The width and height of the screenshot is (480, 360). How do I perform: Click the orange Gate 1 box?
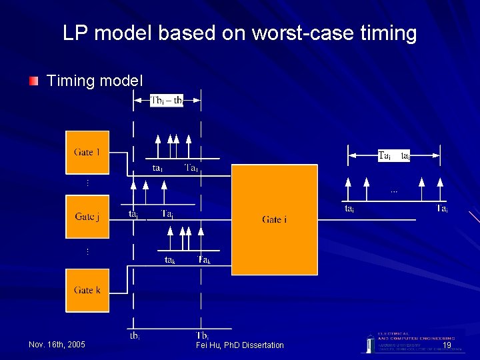[x=87, y=152]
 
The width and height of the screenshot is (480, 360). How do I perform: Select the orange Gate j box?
[x=87, y=217]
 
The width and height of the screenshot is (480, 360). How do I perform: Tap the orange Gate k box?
[x=87, y=290]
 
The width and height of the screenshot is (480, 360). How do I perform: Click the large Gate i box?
[x=274, y=219]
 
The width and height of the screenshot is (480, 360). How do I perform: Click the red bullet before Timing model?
[x=33, y=81]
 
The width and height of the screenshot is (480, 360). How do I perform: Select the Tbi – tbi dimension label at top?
[x=167, y=101]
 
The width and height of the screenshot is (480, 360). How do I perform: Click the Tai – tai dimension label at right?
[x=393, y=155]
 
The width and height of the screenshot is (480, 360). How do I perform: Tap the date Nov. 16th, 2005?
[x=57, y=345]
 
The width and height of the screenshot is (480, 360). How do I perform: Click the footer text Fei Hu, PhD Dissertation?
[x=239, y=345]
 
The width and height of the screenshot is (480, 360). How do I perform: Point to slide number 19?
[x=447, y=345]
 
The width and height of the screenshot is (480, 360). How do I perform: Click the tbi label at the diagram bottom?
[x=135, y=335]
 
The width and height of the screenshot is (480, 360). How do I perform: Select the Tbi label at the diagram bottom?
[x=203, y=335]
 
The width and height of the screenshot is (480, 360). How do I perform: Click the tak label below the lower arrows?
[x=170, y=260]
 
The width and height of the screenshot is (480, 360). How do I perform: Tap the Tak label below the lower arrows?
[x=204, y=260]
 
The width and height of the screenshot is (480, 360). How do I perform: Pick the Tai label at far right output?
[x=441, y=209]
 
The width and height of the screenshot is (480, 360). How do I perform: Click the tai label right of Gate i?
[x=349, y=209]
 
